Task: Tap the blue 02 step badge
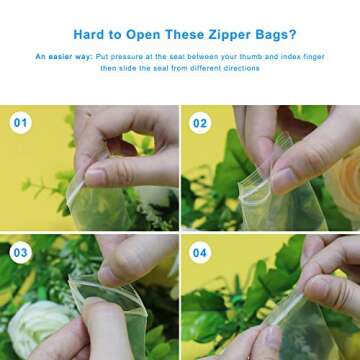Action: click(200, 124)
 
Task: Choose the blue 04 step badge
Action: click(200, 253)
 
